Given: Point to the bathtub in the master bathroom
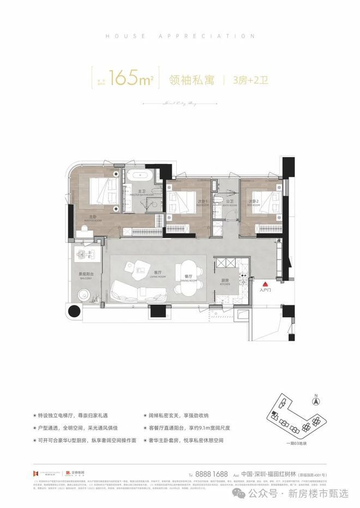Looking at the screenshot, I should pos(140,178).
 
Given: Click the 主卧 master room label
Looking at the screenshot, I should pos(93,217).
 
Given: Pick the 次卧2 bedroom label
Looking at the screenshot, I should pos(253,201).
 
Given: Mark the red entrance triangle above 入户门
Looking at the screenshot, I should pos(266,284).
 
